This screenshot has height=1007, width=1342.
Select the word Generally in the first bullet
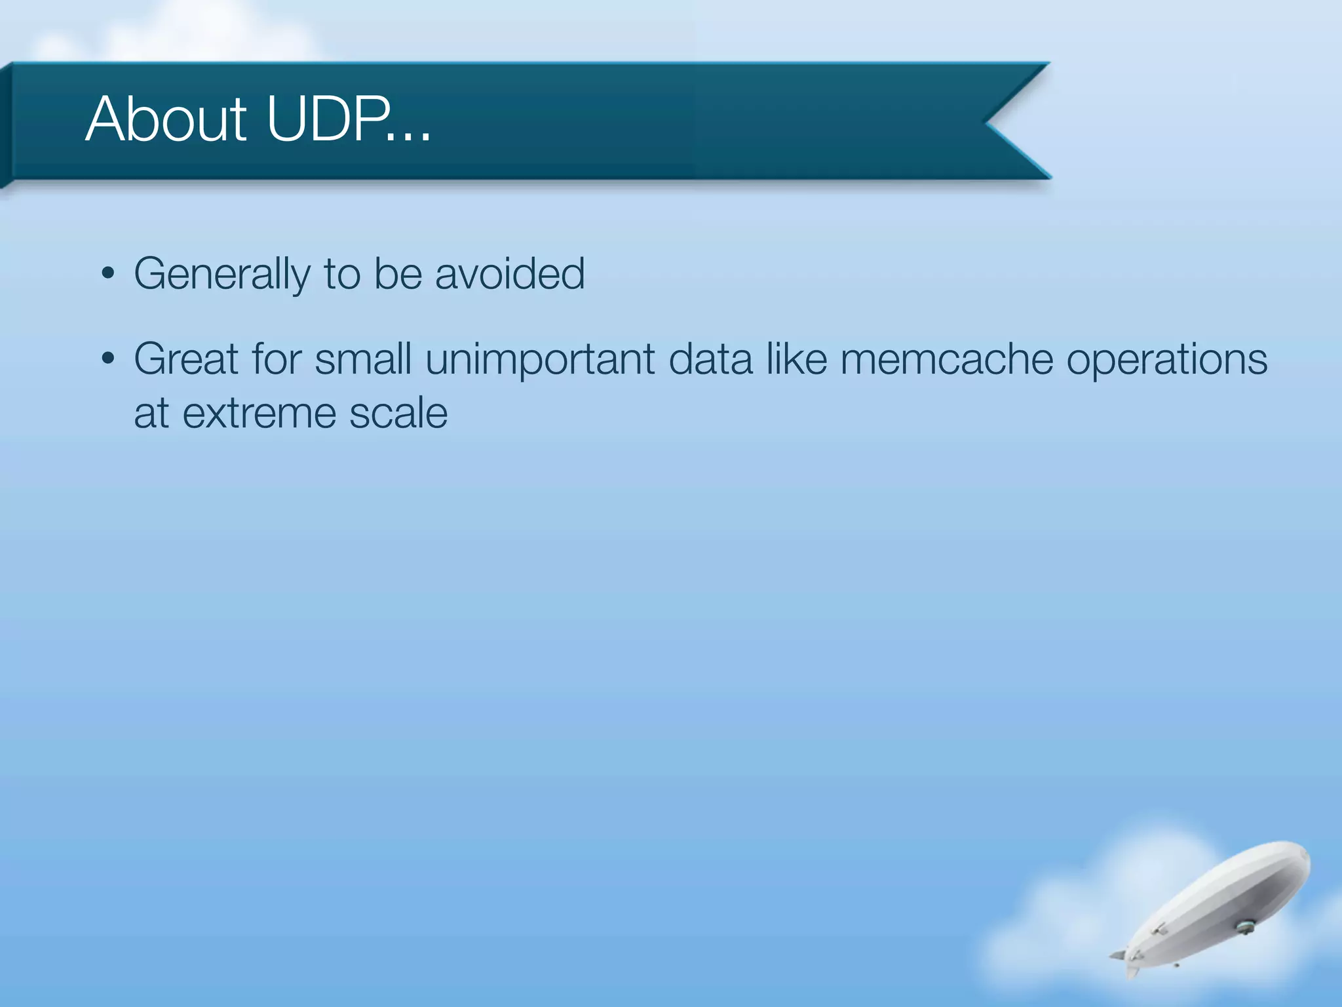coord(221,274)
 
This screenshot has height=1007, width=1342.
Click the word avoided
coord(510,274)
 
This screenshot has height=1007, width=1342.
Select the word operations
coord(1166,361)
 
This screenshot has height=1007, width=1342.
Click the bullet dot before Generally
coord(109,273)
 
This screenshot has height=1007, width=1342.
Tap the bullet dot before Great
coord(109,359)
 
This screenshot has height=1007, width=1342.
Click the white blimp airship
coord(1219,905)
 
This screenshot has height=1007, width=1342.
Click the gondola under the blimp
coord(1244,927)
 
